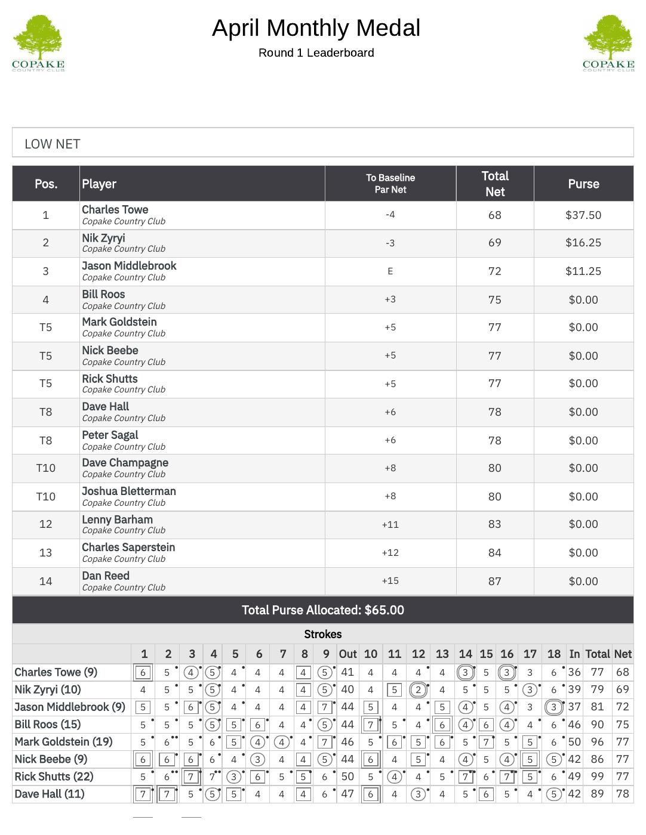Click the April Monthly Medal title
[x=316, y=28]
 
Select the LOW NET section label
[x=53, y=144]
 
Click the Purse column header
[x=583, y=184]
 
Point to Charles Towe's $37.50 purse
[x=583, y=215]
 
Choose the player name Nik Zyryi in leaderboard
[x=103, y=238]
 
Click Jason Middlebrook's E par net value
[x=390, y=271]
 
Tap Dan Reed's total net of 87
[x=494, y=581]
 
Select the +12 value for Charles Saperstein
[x=390, y=553]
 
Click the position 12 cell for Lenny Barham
[x=45, y=524]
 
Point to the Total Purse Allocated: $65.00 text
[x=322, y=610]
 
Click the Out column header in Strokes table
[x=347, y=654]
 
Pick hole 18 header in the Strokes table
[x=553, y=654]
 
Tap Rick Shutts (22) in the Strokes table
[x=54, y=777]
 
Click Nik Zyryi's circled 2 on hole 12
[x=418, y=690]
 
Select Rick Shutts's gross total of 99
[x=596, y=777]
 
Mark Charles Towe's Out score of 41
[x=347, y=672]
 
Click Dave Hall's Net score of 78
[x=622, y=794]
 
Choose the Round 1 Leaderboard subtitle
[x=316, y=53]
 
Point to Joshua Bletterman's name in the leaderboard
[x=129, y=491]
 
